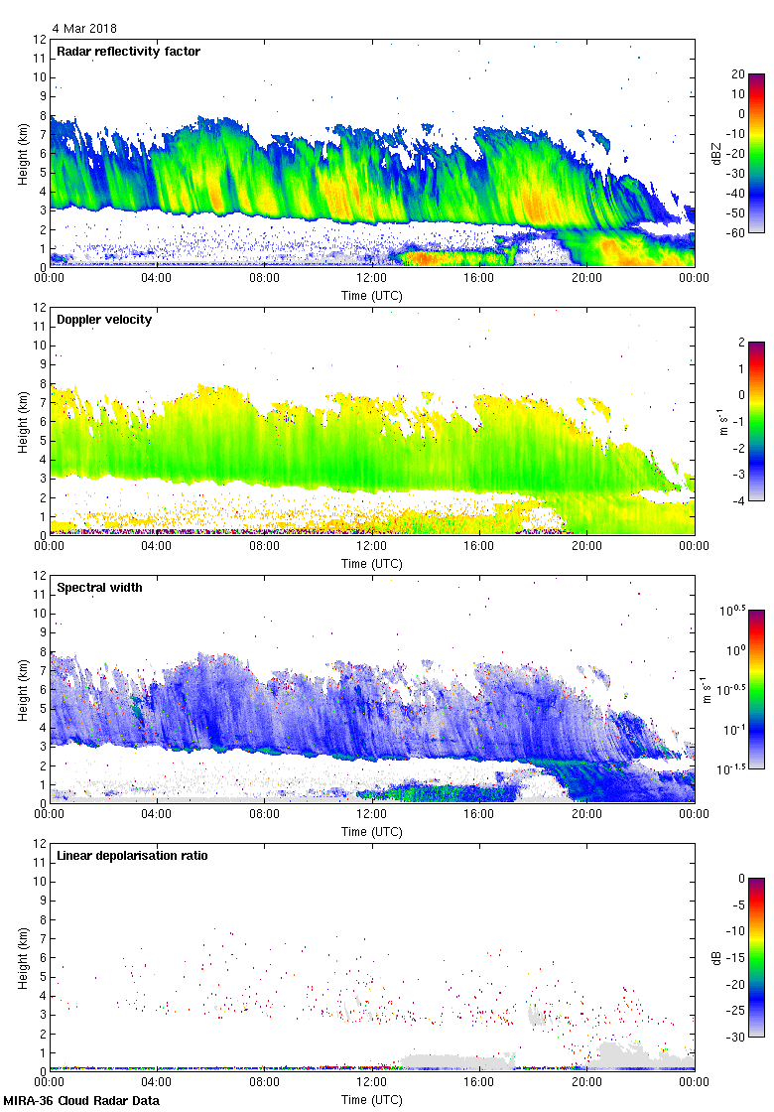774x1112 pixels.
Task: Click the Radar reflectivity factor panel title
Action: point(129,52)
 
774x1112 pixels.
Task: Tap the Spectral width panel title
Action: point(99,588)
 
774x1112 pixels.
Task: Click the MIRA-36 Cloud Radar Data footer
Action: point(80,1100)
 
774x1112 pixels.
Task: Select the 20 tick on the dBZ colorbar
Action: point(738,74)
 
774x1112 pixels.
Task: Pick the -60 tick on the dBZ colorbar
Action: point(737,232)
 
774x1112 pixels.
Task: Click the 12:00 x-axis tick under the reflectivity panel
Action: point(371,279)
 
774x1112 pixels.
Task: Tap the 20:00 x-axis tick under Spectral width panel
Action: point(586,815)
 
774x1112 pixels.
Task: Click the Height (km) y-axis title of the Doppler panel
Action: point(22,422)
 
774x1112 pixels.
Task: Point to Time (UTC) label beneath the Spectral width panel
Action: point(371,831)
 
